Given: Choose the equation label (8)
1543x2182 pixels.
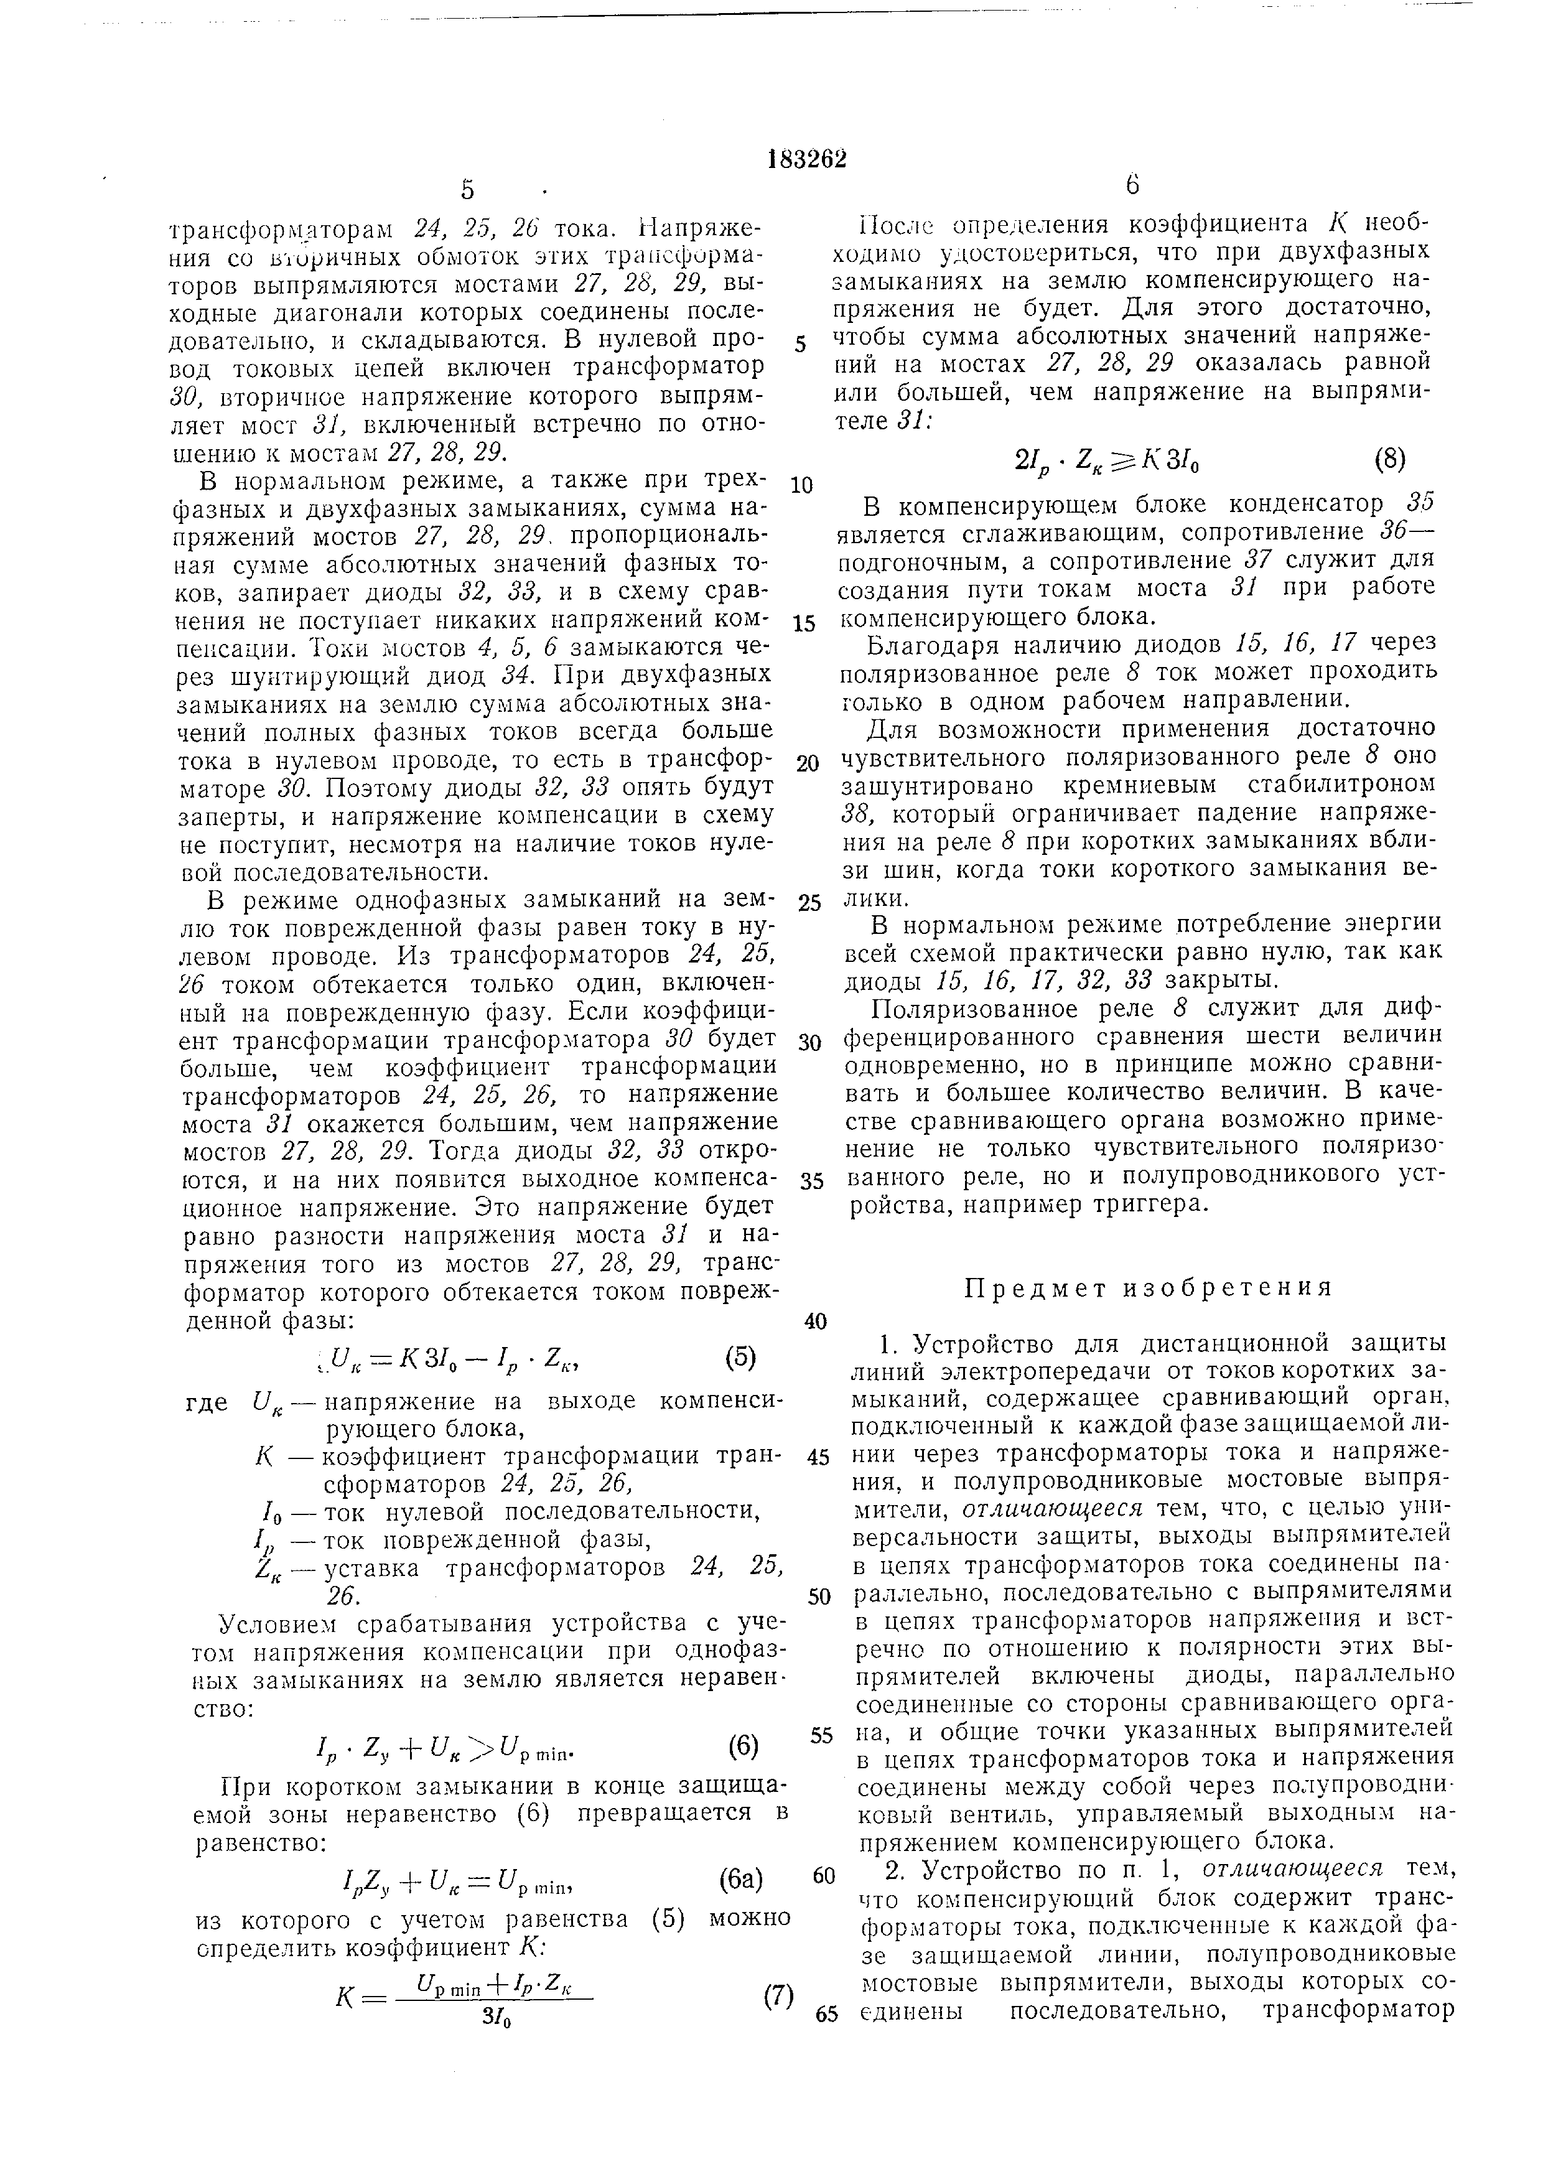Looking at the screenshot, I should coord(1389,460).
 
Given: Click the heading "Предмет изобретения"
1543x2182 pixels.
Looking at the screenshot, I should coord(1149,1288).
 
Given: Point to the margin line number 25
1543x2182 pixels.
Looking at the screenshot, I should coord(809,903).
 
